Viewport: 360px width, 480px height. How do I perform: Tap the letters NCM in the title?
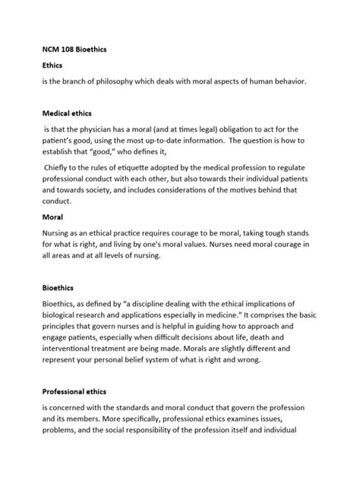tap(52, 48)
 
